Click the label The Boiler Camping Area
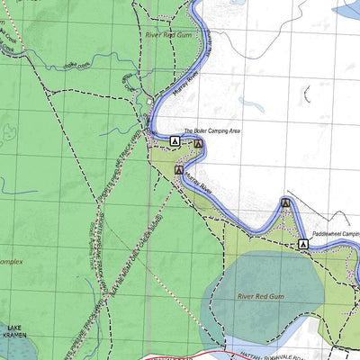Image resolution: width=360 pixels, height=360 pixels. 212,131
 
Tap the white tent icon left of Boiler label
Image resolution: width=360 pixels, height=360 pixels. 175,140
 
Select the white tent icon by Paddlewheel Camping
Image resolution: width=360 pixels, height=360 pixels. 301,244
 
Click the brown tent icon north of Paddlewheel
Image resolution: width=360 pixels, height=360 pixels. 285,203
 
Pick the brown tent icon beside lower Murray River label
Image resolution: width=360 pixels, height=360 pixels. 179,168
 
